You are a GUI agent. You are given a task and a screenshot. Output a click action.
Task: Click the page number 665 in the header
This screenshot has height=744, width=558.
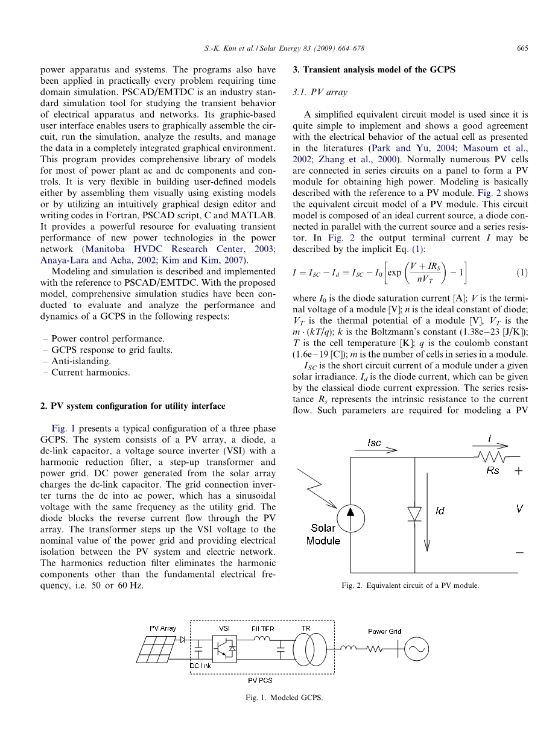522,49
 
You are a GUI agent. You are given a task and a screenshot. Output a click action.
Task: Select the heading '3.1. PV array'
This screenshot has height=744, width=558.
318,92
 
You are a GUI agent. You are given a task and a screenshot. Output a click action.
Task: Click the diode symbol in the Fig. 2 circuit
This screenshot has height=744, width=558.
414,513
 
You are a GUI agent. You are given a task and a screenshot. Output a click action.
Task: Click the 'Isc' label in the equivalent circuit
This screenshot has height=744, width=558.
375,443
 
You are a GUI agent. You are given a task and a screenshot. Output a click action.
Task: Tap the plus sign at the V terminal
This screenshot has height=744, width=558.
518,471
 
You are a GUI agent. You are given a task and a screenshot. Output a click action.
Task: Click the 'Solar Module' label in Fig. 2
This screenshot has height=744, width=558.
323,534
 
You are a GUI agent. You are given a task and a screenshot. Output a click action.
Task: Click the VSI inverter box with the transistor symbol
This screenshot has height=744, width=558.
224,650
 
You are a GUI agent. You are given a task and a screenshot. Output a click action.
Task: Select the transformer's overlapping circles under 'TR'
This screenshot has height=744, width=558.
306,650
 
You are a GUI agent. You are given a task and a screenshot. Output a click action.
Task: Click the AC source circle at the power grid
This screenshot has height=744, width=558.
416,649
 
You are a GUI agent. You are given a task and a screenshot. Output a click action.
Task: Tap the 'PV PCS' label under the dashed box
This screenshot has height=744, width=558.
260,680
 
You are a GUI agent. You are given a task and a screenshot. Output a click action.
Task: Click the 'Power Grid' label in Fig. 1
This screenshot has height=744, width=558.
384,631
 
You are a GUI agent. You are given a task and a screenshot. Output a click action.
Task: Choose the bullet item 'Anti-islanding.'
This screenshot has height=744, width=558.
81,361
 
